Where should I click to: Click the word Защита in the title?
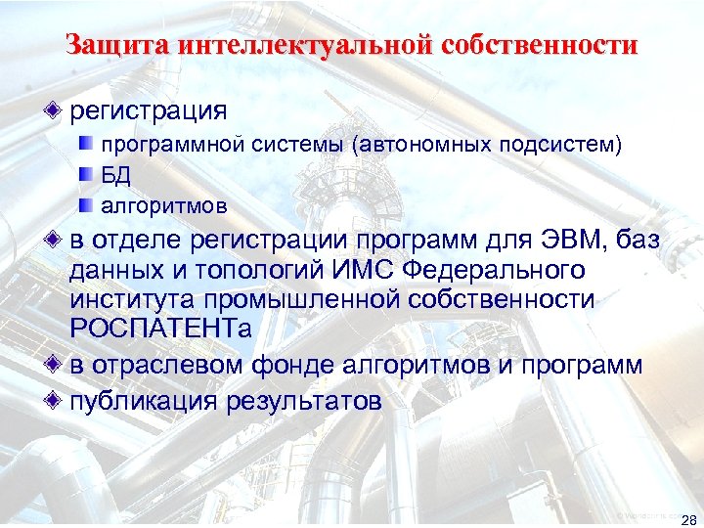pos(107,46)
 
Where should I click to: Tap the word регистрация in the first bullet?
pos(149,109)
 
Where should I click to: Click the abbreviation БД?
pos(116,176)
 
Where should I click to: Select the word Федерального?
pos(495,270)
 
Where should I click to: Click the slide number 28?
pos(687,518)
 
